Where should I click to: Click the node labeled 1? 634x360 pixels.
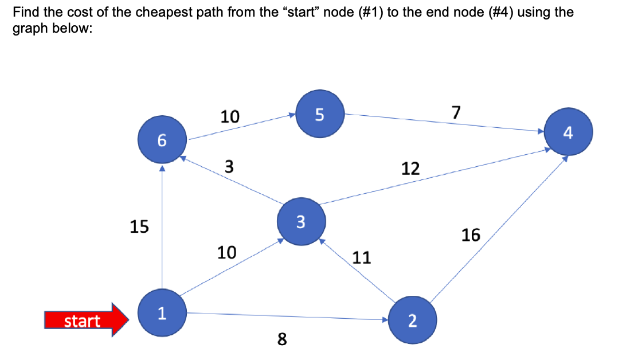[162, 313]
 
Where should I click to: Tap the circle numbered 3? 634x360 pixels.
[302, 221]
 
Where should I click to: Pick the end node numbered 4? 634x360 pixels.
[568, 134]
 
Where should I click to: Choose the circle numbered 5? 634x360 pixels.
[320, 114]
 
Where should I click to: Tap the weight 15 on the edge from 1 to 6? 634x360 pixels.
[139, 227]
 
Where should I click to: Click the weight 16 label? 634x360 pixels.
[471, 235]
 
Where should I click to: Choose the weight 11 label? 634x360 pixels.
[361, 258]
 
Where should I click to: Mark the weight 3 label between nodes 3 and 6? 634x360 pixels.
[229, 167]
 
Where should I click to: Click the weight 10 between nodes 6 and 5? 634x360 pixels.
[230, 117]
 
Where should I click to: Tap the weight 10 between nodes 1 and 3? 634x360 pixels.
[227, 252]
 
